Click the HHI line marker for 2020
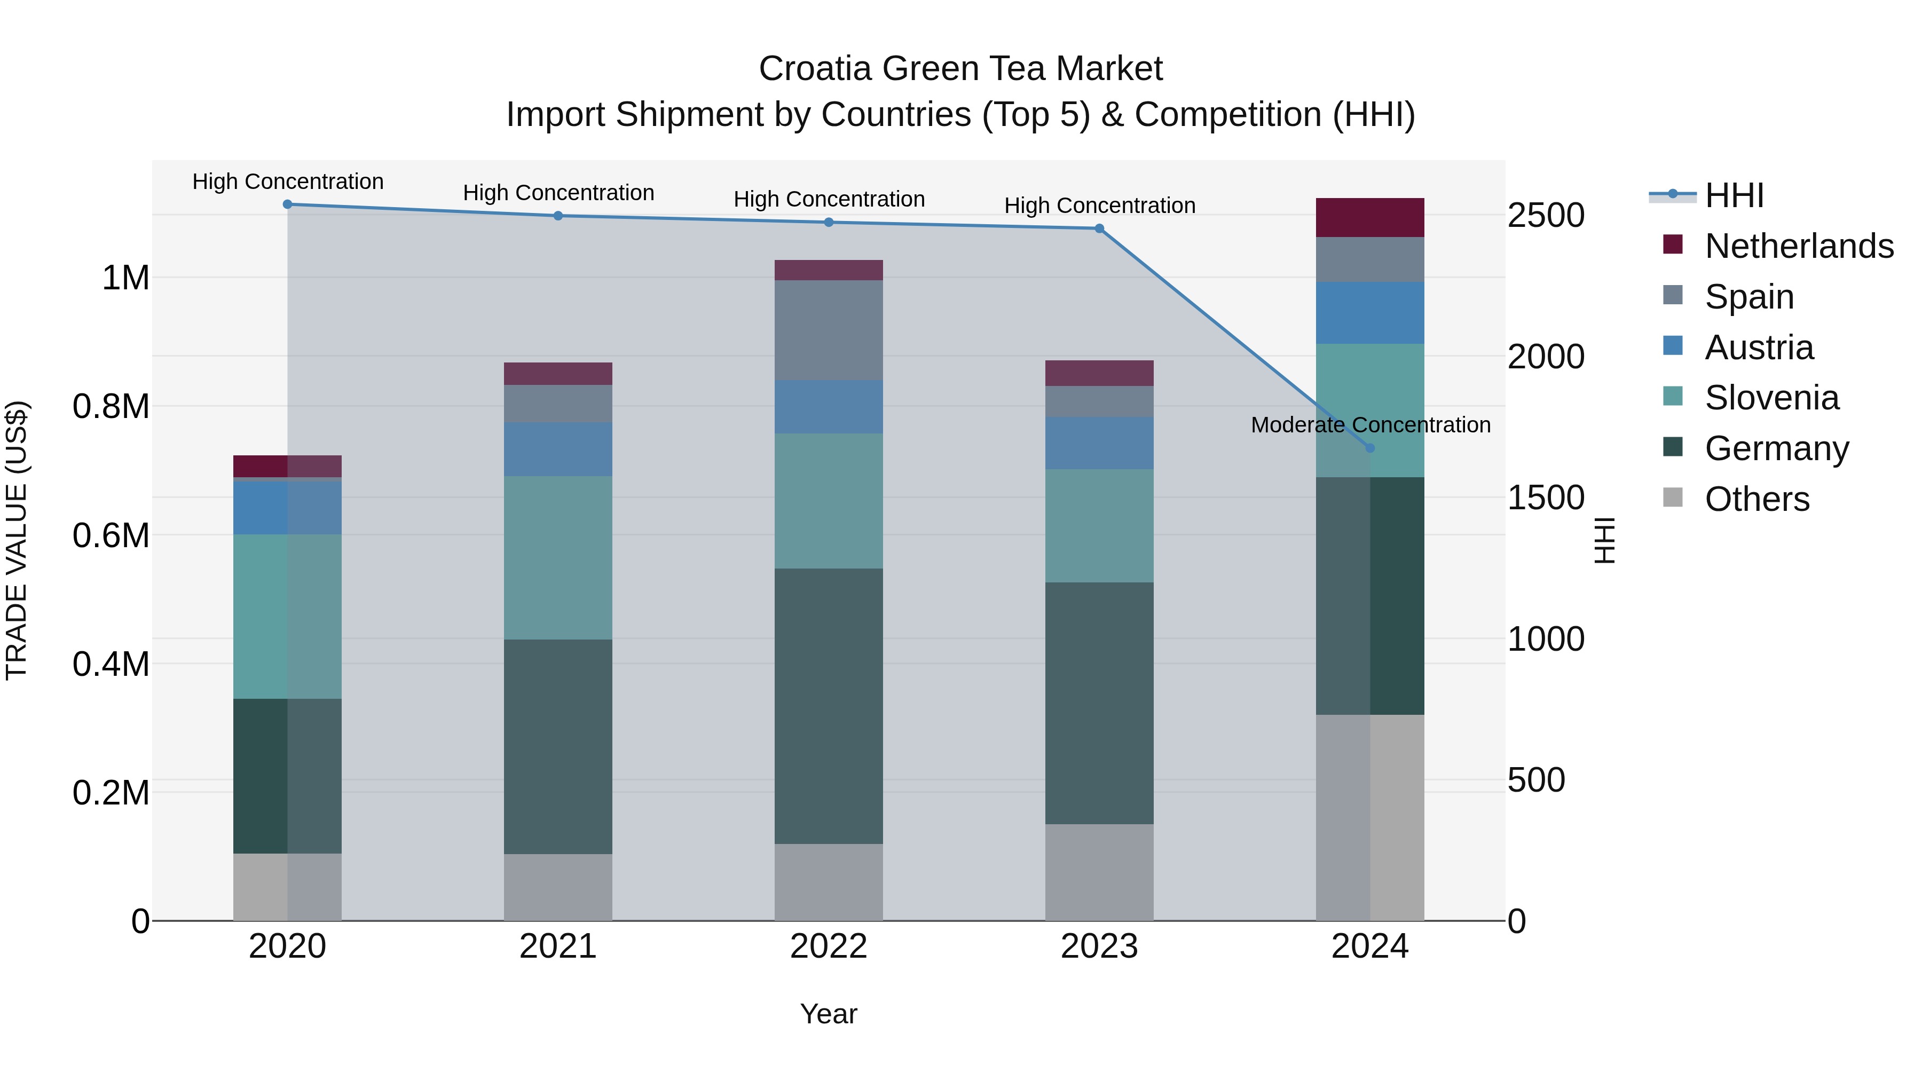(x=287, y=204)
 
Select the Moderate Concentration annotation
(x=1370, y=424)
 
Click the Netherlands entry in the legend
(x=1798, y=246)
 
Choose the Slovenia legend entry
(x=1771, y=398)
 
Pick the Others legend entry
(x=1756, y=499)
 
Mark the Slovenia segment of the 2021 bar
(x=557, y=557)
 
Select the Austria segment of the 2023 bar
(x=1099, y=443)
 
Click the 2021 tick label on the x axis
(x=557, y=946)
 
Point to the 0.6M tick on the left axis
(x=111, y=535)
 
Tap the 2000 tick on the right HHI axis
(x=1545, y=357)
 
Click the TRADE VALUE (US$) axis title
(x=17, y=540)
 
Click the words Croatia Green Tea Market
(x=960, y=69)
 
